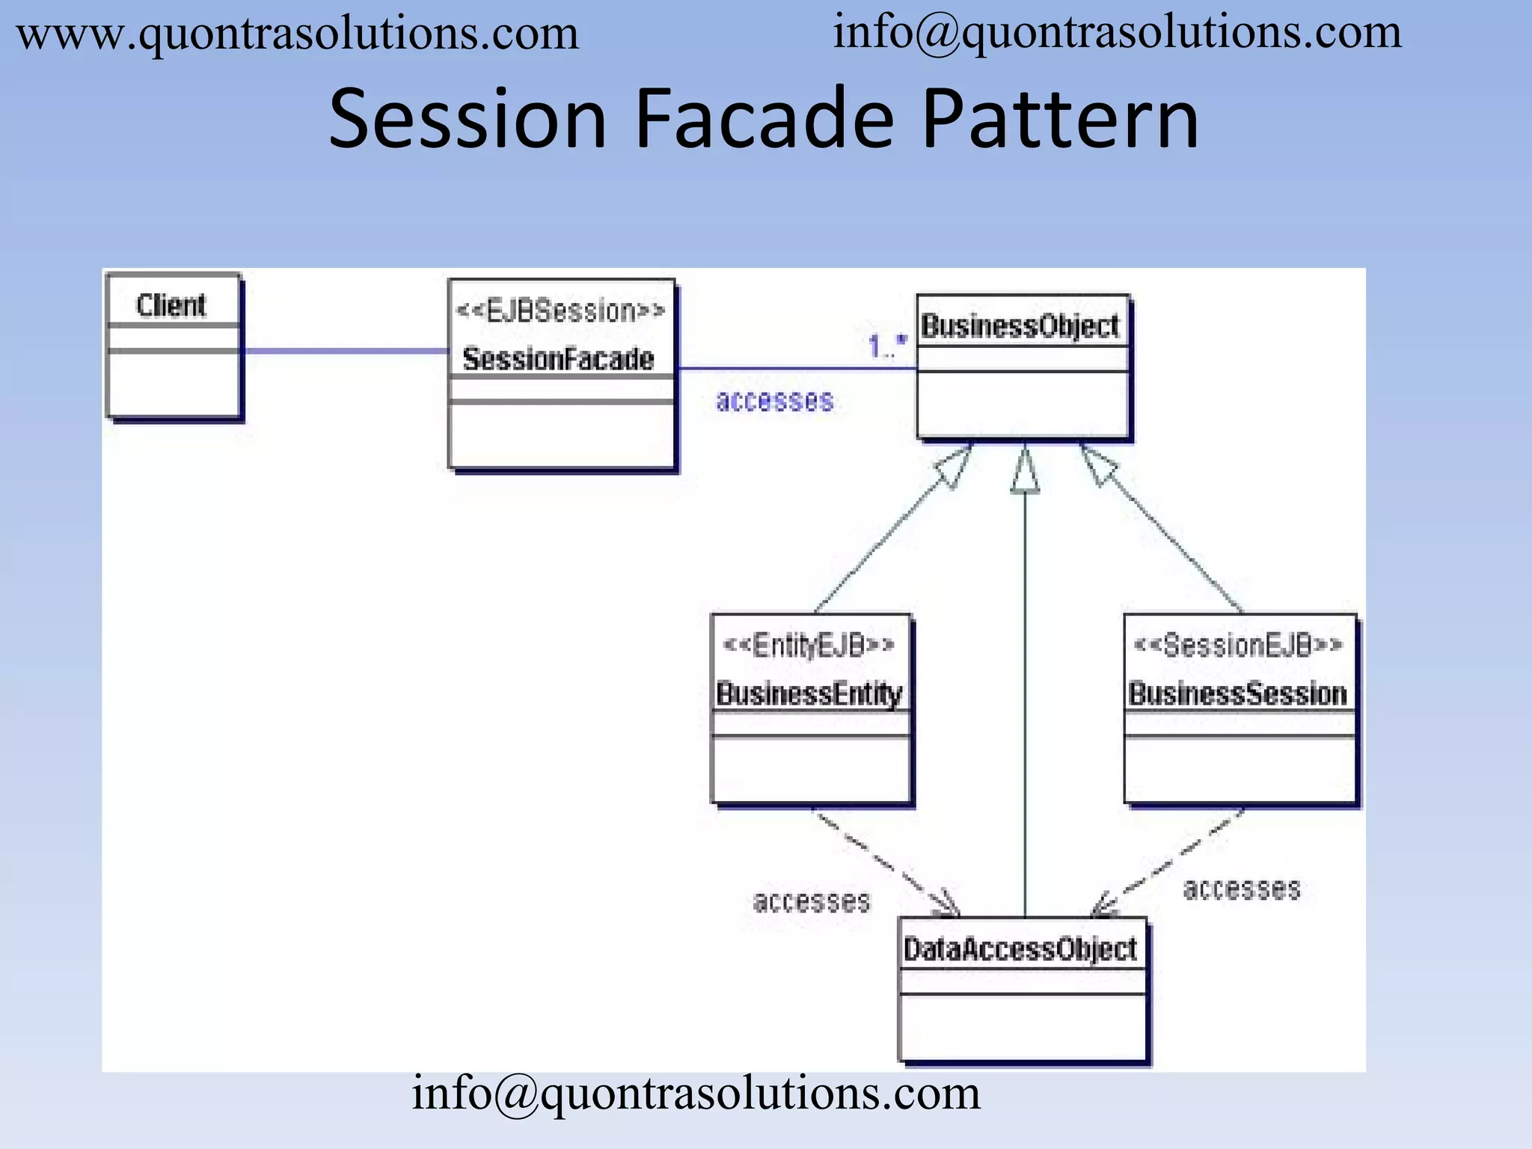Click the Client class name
pyautogui.click(x=171, y=305)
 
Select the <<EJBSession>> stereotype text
pyautogui.click(x=560, y=310)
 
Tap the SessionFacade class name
pyautogui.click(x=558, y=359)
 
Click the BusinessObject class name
pyautogui.click(x=1020, y=326)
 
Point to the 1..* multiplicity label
pyautogui.click(x=886, y=346)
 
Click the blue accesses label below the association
pyautogui.click(x=774, y=401)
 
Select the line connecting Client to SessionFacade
pyautogui.click(x=344, y=350)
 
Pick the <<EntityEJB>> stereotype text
pyautogui.click(x=809, y=645)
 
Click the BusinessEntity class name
pyautogui.click(x=809, y=693)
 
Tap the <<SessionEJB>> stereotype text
pyautogui.click(x=1239, y=645)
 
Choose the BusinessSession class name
pyautogui.click(x=1238, y=693)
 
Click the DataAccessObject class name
pyautogui.click(x=1020, y=949)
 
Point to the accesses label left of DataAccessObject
pyautogui.click(x=812, y=901)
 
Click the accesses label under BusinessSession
pyautogui.click(x=1242, y=889)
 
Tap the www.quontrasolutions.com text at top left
pyautogui.click(x=298, y=34)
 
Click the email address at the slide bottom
pyautogui.click(x=696, y=1094)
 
